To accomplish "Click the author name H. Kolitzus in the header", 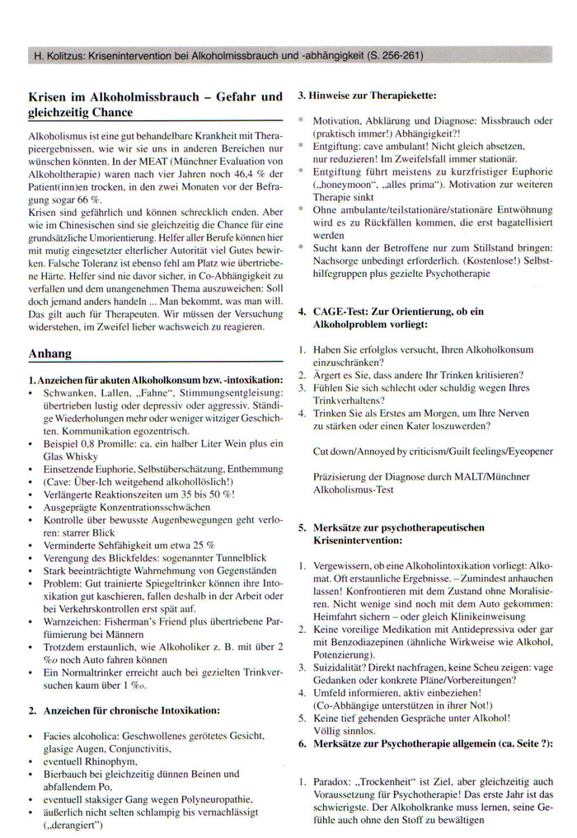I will tap(62, 56).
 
